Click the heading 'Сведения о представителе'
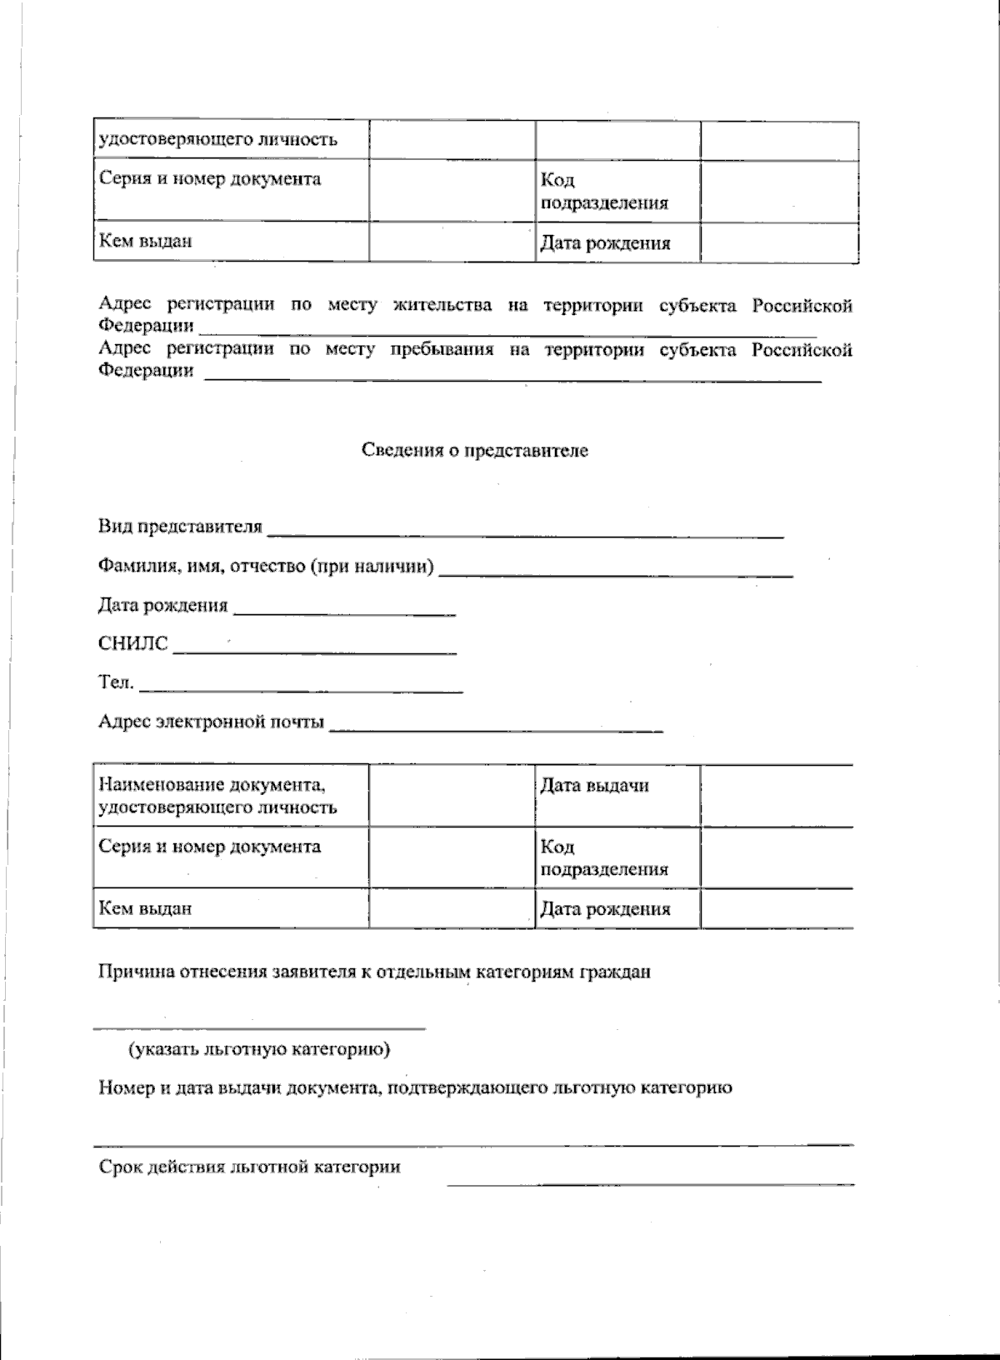click(475, 451)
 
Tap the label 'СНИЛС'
click(133, 643)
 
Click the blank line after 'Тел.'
click(301, 688)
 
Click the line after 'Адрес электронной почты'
click(497, 728)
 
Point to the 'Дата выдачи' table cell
click(594, 786)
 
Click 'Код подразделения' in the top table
click(604, 192)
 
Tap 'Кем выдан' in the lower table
click(146, 907)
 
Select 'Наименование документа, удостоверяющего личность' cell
click(217, 796)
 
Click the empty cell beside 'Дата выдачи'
click(776, 796)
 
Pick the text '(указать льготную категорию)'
click(259, 1049)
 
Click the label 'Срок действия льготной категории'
click(249, 1167)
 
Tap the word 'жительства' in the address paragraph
click(442, 306)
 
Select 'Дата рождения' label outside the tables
click(162, 606)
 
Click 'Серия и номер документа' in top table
click(210, 179)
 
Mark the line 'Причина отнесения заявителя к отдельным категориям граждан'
click(374, 972)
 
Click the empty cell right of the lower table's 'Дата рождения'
click(776, 907)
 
